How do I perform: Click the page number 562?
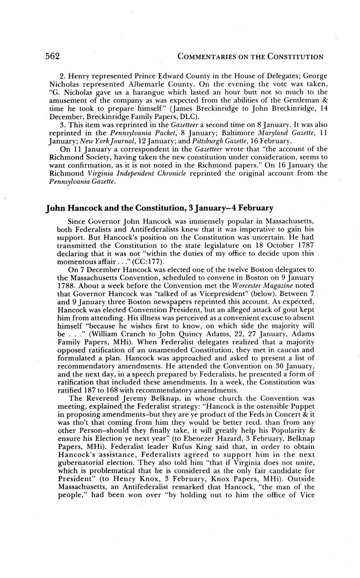52,57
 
